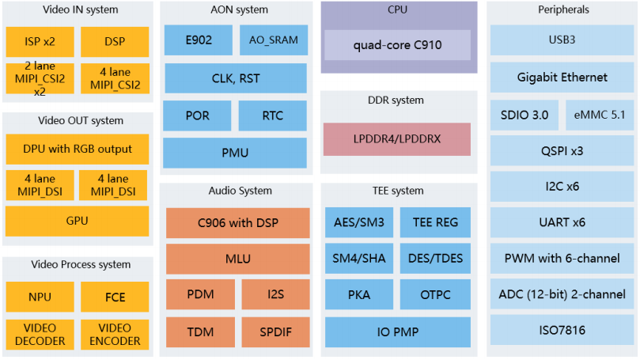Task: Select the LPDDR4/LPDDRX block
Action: pos(396,138)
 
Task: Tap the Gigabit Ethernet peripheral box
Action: pos(562,78)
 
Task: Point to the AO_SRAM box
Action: pos(273,40)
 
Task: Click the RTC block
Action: pos(272,116)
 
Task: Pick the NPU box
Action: pos(40,297)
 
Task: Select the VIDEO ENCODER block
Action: pos(115,335)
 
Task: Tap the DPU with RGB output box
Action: pos(77,149)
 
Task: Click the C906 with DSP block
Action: pos(237,222)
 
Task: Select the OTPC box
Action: pos(435,295)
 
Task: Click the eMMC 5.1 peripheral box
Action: pos(599,115)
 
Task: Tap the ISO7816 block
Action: pos(562,329)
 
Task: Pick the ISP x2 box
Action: pos(40,40)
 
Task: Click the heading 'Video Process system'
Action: pos(77,264)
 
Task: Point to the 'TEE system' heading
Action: pos(396,191)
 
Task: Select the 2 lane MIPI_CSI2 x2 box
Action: pos(40,78)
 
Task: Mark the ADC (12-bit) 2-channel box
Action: pos(562,294)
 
